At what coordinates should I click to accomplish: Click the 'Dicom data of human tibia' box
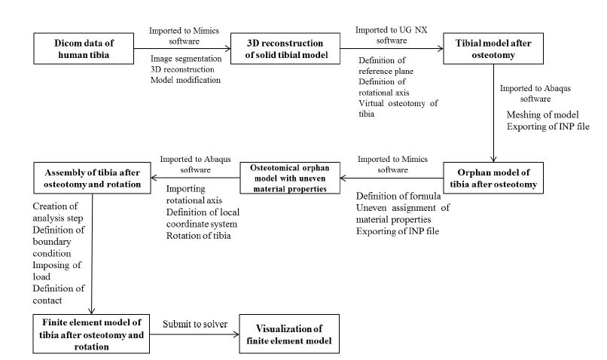(84, 48)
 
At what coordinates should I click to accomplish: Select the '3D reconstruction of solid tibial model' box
(285, 48)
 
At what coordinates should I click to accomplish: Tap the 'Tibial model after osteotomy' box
(493, 48)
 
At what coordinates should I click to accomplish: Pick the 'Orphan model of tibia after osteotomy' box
(493, 178)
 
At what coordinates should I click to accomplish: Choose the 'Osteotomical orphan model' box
(290, 178)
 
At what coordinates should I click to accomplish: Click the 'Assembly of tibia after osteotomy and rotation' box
(92, 178)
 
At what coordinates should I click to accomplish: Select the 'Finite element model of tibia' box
(91, 334)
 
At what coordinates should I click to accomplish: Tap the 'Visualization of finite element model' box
(289, 334)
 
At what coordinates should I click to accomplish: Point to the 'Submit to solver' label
(195, 324)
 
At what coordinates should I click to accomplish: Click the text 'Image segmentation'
(186, 59)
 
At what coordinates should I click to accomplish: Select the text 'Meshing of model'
(542, 114)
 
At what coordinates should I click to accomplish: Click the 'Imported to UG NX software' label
(392, 35)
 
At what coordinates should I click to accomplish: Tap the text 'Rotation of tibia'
(198, 235)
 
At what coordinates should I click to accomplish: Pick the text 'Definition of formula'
(398, 196)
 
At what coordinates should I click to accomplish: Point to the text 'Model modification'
(185, 80)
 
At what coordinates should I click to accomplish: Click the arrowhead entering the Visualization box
(236, 334)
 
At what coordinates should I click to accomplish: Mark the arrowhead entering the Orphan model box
(493, 158)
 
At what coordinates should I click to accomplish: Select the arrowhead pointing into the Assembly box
(154, 178)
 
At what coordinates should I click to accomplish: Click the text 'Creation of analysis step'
(58, 212)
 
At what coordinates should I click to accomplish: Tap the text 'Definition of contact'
(59, 294)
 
